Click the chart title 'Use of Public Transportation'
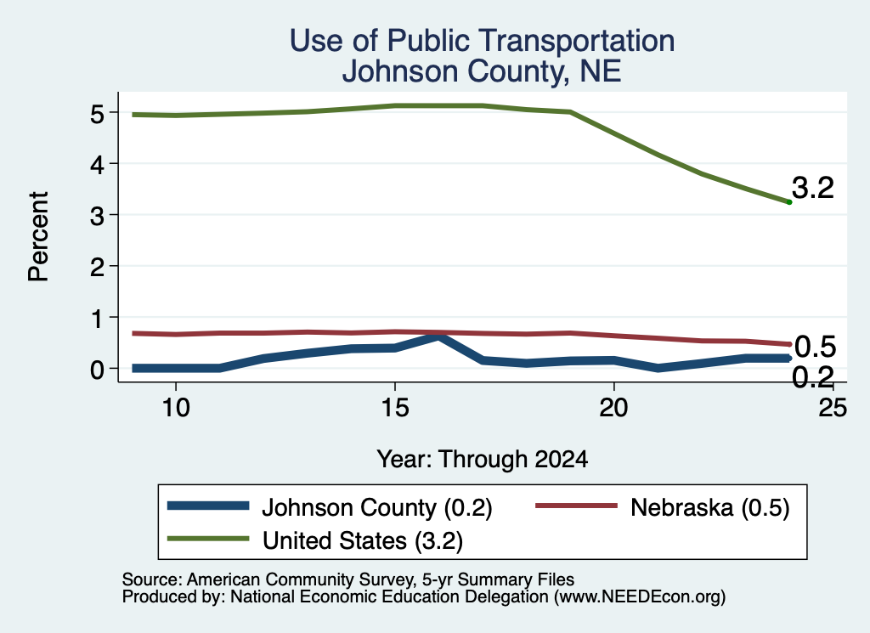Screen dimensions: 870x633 (482, 41)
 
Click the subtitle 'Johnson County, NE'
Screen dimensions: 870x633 (482, 71)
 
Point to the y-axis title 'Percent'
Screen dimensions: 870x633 (38, 236)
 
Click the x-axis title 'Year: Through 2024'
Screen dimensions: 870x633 (483, 460)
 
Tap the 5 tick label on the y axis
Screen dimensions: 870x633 (97, 114)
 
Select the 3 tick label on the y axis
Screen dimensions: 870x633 (97, 216)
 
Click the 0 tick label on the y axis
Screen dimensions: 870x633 (97, 370)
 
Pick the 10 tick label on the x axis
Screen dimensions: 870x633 (176, 408)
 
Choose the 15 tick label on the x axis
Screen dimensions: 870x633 (395, 408)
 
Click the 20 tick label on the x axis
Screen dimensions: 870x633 (613, 408)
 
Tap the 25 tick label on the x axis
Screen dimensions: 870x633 (833, 408)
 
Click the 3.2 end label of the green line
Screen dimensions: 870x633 (813, 188)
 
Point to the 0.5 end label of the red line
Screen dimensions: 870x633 (815, 347)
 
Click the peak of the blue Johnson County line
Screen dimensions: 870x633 (439, 336)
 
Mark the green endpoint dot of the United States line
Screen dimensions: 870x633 (789, 202)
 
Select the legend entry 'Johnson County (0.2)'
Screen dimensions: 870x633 (330, 507)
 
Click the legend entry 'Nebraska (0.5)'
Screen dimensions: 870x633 (662, 507)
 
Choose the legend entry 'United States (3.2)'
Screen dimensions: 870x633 (314, 540)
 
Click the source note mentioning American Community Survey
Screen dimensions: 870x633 (348, 579)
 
